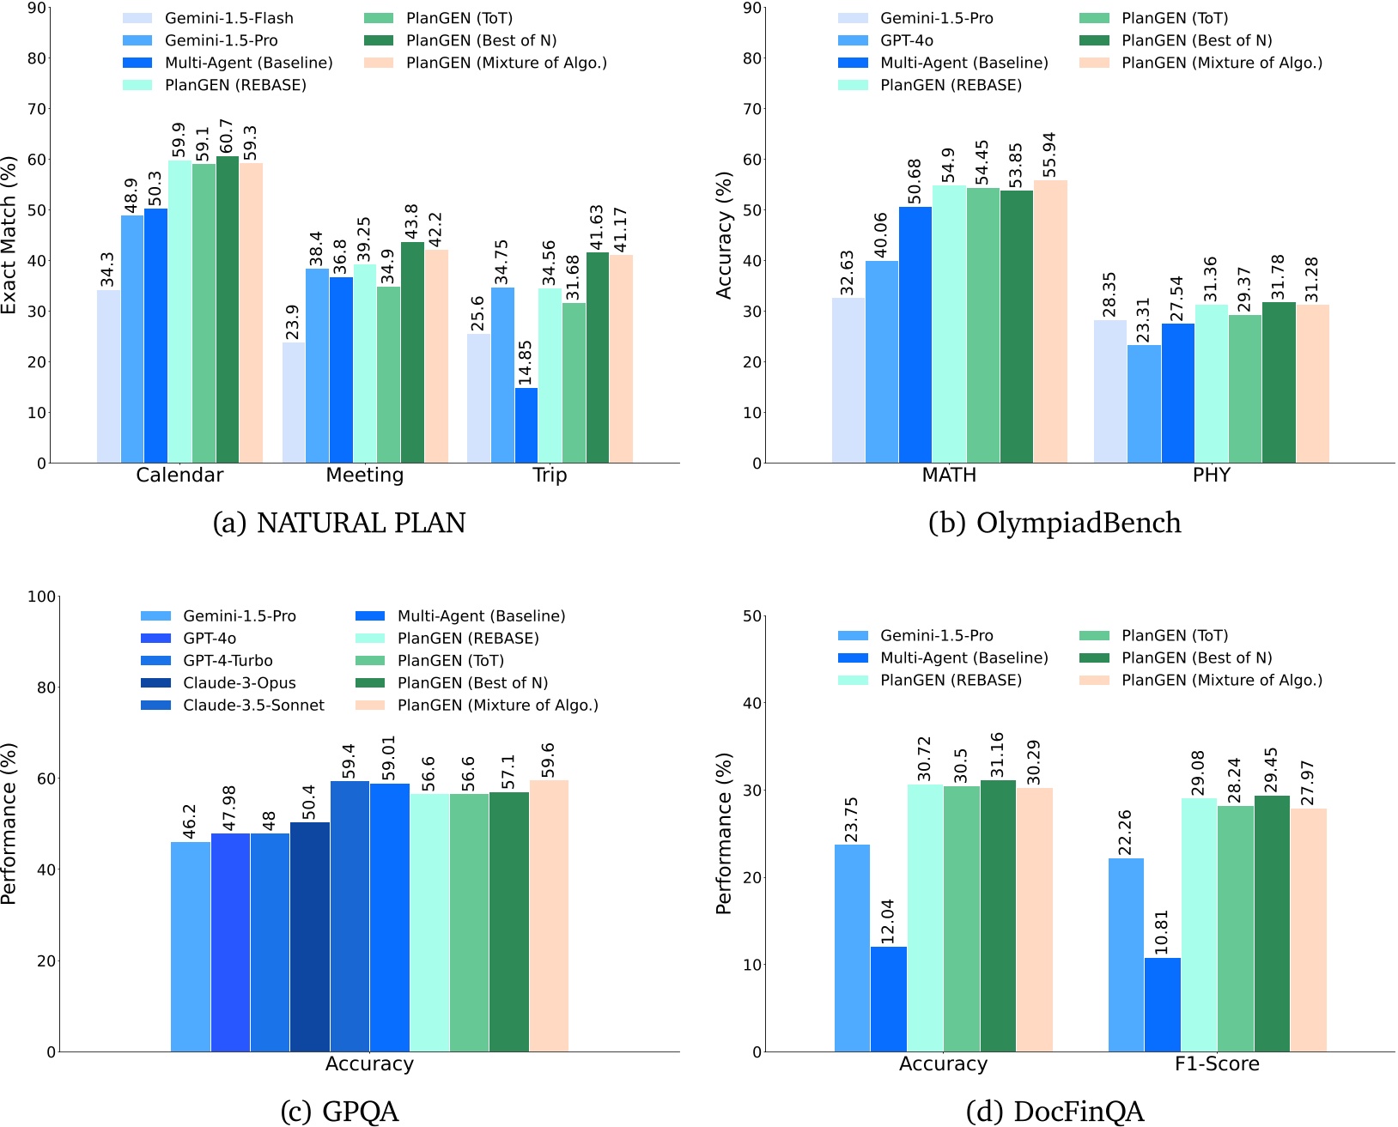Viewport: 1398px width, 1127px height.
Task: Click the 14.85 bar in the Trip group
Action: click(x=526, y=426)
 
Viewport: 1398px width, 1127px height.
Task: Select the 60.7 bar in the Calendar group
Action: click(x=228, y=310)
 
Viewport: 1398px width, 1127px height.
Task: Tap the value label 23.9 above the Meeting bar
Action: click(x=292, y=322)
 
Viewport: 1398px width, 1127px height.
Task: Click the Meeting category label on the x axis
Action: click(x=364, y=476)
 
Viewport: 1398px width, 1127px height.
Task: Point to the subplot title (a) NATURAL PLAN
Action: click(x=338, y=523)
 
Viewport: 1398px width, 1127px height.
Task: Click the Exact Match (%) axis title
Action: click(x=9, y=235)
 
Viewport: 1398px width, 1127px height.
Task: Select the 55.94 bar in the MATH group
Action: click(x=1049, y=322)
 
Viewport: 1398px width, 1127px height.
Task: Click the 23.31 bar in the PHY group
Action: click(x=1143, y=404)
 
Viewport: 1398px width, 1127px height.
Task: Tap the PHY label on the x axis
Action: click(x=1211, y=476)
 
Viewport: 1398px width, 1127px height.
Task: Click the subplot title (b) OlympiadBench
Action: click(x=1055, y=523)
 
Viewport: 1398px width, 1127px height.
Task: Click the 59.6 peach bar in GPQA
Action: click(x=548, y=916)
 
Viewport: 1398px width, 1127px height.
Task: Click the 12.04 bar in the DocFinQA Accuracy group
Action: click(x=888, y=999)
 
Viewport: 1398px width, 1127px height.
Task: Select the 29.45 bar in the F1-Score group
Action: click(x=1271, y=924)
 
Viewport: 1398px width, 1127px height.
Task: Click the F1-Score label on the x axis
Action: click(x=1216, y=1064)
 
